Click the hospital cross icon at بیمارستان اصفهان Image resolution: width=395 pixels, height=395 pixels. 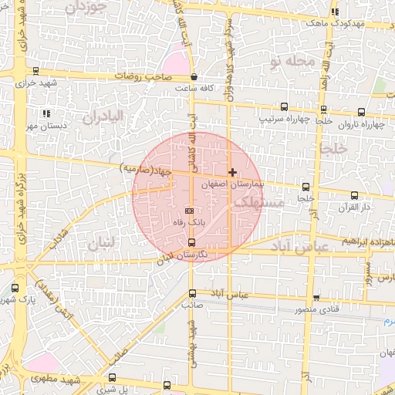(232, 173)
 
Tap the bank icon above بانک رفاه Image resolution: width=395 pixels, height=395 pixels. (190, 211)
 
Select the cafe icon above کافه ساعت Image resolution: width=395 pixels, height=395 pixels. (193, 77)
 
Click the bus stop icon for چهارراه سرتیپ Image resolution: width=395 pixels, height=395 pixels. (285, 107)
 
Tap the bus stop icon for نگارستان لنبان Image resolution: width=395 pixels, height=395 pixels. (191, 242)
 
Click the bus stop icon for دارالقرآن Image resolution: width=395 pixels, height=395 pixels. (354, 195)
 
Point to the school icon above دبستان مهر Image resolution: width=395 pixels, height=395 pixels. (46, 113)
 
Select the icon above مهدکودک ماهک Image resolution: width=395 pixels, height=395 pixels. (335, 12)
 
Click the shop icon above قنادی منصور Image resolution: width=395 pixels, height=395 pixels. (316, 298)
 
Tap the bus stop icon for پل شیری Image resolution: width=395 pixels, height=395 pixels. (113, 378)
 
